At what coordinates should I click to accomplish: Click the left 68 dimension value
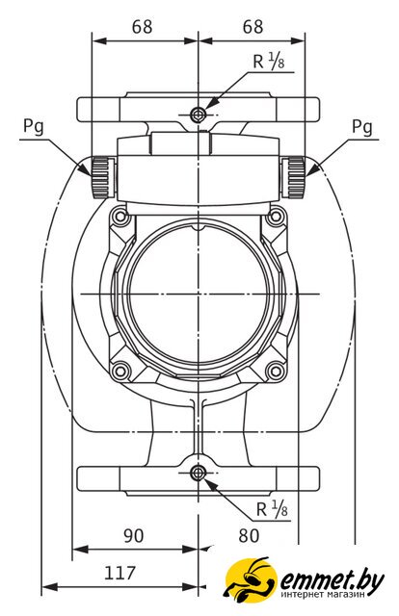[142, 27]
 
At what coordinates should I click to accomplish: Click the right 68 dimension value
[253, 27]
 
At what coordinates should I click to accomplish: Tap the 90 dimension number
[134, 536]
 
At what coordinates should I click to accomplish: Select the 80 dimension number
[249, 536]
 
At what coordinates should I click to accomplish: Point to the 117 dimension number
[120, 574]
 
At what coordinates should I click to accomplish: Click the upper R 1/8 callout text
[269, 62]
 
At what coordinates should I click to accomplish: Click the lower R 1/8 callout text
[272, 509]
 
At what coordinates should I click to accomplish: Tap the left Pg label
[34, 127]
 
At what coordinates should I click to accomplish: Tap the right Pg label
[361, 127]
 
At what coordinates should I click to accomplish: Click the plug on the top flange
[198, 115]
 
